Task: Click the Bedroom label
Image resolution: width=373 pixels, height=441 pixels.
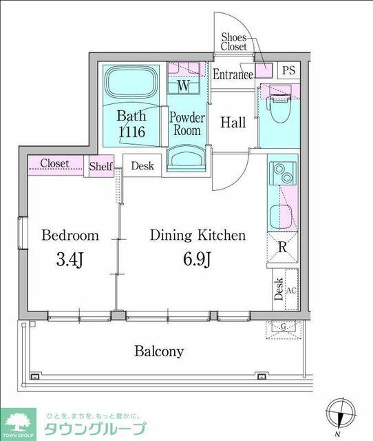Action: [x=70, y=236]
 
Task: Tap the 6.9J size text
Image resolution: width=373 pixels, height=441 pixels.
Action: [x=197, y=259]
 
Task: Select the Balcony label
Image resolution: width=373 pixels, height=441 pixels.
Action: [x=159, y=351]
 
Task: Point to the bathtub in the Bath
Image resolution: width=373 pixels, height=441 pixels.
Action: [x=131, y=83]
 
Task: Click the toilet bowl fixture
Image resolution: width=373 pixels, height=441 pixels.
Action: [x=279, y=108]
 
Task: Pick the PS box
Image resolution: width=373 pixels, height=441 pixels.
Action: [x=289, y=70]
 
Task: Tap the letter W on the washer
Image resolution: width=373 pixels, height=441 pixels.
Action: [x=184, y=85]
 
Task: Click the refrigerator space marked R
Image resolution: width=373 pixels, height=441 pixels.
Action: [x=283, y=247]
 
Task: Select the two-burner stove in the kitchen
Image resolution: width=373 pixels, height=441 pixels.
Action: [x=283, y=174]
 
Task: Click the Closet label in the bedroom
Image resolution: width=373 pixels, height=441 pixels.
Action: [x=54, y=163]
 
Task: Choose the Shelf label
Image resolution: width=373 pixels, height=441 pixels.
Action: [x=101, y=166]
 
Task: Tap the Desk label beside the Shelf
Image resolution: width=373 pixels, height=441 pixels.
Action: [x=142, y=166]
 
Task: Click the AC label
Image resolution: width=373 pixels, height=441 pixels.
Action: [x=291, y=290]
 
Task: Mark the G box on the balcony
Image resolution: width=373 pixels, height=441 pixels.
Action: [x=284, y=329]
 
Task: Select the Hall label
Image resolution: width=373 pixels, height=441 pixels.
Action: [x=233, y=123]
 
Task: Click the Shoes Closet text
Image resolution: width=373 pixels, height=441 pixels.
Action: [x=234, y=41]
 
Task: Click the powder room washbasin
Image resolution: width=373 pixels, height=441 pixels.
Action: [x=186, y=158]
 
